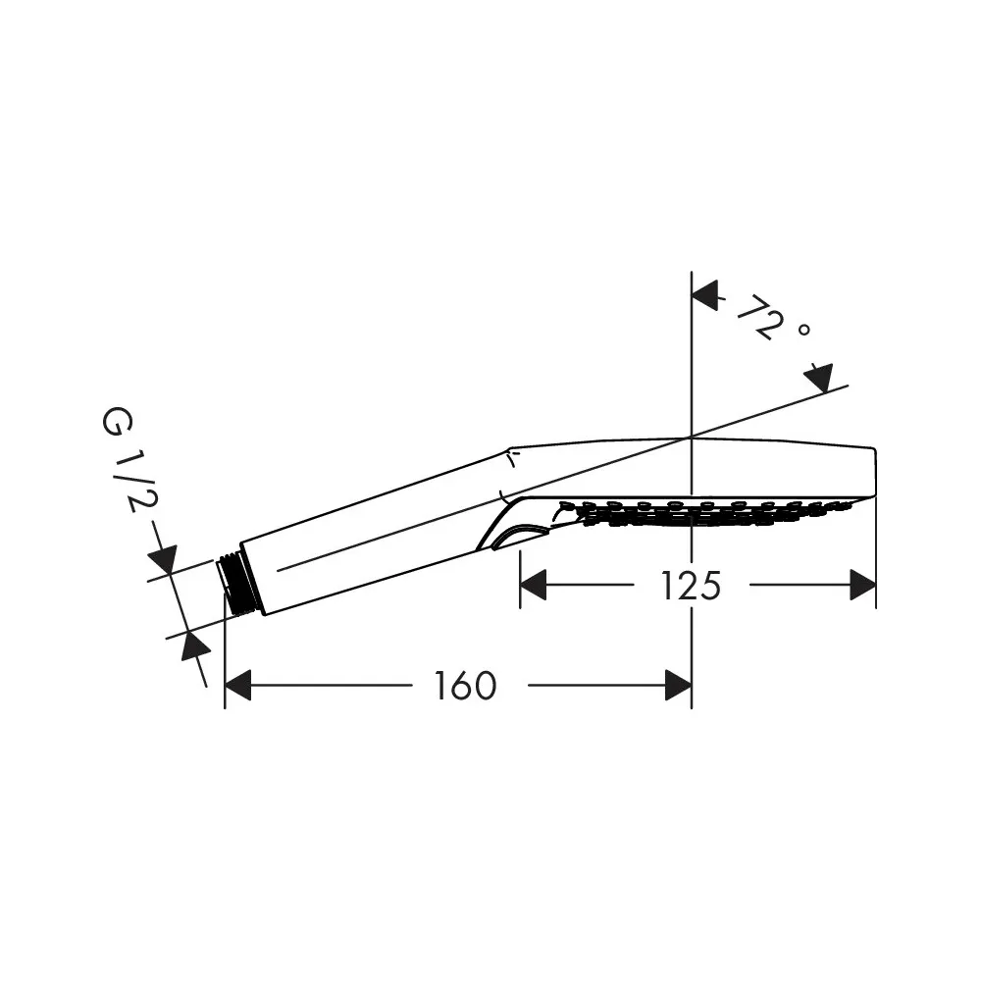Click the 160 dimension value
[465, 686]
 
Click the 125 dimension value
[691, 586]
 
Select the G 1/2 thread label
[129, 460]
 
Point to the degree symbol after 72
[804, 329]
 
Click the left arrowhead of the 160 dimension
[237, 685]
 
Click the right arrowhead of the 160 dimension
[678, 685]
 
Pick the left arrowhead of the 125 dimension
[533, 585]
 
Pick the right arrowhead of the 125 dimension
[862, 585]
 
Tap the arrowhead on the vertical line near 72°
[704, 295]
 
